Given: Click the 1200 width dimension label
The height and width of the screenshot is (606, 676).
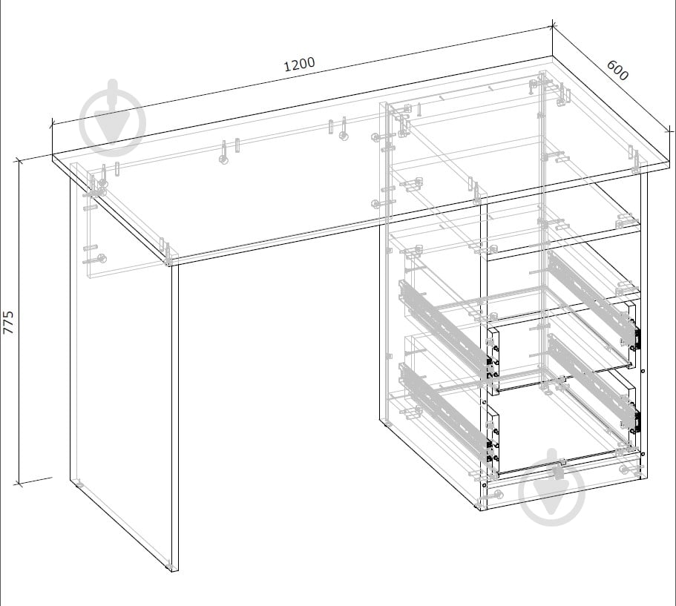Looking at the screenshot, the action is [299, 65].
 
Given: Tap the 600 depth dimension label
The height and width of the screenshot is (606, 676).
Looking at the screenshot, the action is [617, 70].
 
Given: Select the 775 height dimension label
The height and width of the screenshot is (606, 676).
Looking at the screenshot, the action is [9, 322].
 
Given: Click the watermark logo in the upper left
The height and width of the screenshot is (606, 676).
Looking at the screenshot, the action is [114, 117].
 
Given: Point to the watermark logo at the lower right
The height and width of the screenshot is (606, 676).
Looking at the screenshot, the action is [552, 488].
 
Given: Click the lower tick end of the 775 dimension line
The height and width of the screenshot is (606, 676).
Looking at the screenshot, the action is [18, 484].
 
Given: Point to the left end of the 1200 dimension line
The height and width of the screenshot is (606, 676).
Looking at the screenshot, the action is [52, 124].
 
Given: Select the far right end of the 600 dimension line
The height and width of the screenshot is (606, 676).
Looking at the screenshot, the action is [669, 130].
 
